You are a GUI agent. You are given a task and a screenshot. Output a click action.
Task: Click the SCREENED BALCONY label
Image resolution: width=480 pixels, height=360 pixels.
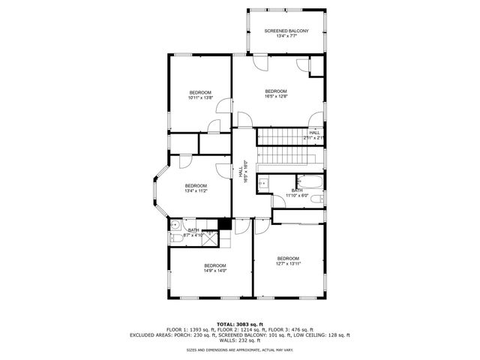(286, 31)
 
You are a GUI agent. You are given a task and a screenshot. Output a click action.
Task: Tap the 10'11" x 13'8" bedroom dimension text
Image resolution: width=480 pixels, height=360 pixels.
(200, 97)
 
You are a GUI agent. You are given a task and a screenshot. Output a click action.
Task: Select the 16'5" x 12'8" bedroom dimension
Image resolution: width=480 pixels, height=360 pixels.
(276, 96)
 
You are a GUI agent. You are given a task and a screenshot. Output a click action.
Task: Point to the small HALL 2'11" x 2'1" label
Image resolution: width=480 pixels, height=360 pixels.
(314, 136)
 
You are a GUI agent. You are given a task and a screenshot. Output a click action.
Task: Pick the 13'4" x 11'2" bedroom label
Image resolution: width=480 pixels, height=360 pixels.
(196, 190)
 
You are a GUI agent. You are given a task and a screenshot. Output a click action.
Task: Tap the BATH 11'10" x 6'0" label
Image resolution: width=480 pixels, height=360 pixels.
(297, 193)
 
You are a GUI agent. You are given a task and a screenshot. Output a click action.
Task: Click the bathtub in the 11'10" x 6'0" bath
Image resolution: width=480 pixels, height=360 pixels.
(310, 181)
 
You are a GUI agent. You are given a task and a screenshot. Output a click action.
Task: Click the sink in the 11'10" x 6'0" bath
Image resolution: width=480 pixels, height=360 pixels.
(263, 182)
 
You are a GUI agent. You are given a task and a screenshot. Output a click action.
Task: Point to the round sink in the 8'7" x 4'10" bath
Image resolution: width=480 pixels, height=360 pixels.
(173, 225)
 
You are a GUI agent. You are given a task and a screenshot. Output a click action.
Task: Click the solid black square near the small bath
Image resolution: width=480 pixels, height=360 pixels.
(223, 224)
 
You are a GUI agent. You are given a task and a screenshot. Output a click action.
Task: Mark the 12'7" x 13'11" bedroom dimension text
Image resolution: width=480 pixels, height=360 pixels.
(288, 263)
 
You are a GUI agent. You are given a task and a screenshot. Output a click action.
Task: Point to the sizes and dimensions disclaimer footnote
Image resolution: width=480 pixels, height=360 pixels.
(240, 349)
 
